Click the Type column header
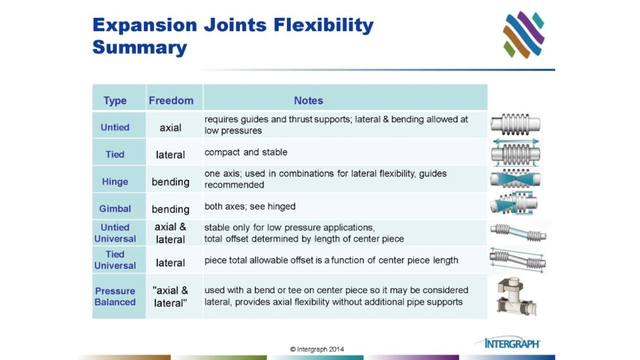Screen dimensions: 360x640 115,100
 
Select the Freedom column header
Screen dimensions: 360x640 171,100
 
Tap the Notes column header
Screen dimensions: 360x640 308,100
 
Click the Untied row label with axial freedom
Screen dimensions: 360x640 115,127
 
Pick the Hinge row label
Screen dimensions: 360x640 115,182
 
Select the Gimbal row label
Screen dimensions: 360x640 115,209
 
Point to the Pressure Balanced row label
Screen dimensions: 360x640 115,296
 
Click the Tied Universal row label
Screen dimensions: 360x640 115,260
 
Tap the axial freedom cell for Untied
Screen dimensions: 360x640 170,128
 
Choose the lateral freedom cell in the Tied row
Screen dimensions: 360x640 170,155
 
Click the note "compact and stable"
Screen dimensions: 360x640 246,152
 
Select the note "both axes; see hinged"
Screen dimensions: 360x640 250,206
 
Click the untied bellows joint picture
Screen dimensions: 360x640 515,124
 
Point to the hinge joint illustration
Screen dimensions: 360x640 515,179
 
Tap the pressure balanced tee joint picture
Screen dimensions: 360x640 516,296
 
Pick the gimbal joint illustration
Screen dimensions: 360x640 514,204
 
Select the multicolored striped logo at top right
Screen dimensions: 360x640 524,35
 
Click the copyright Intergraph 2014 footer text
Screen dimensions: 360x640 317,349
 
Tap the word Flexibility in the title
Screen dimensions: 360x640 323,25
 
